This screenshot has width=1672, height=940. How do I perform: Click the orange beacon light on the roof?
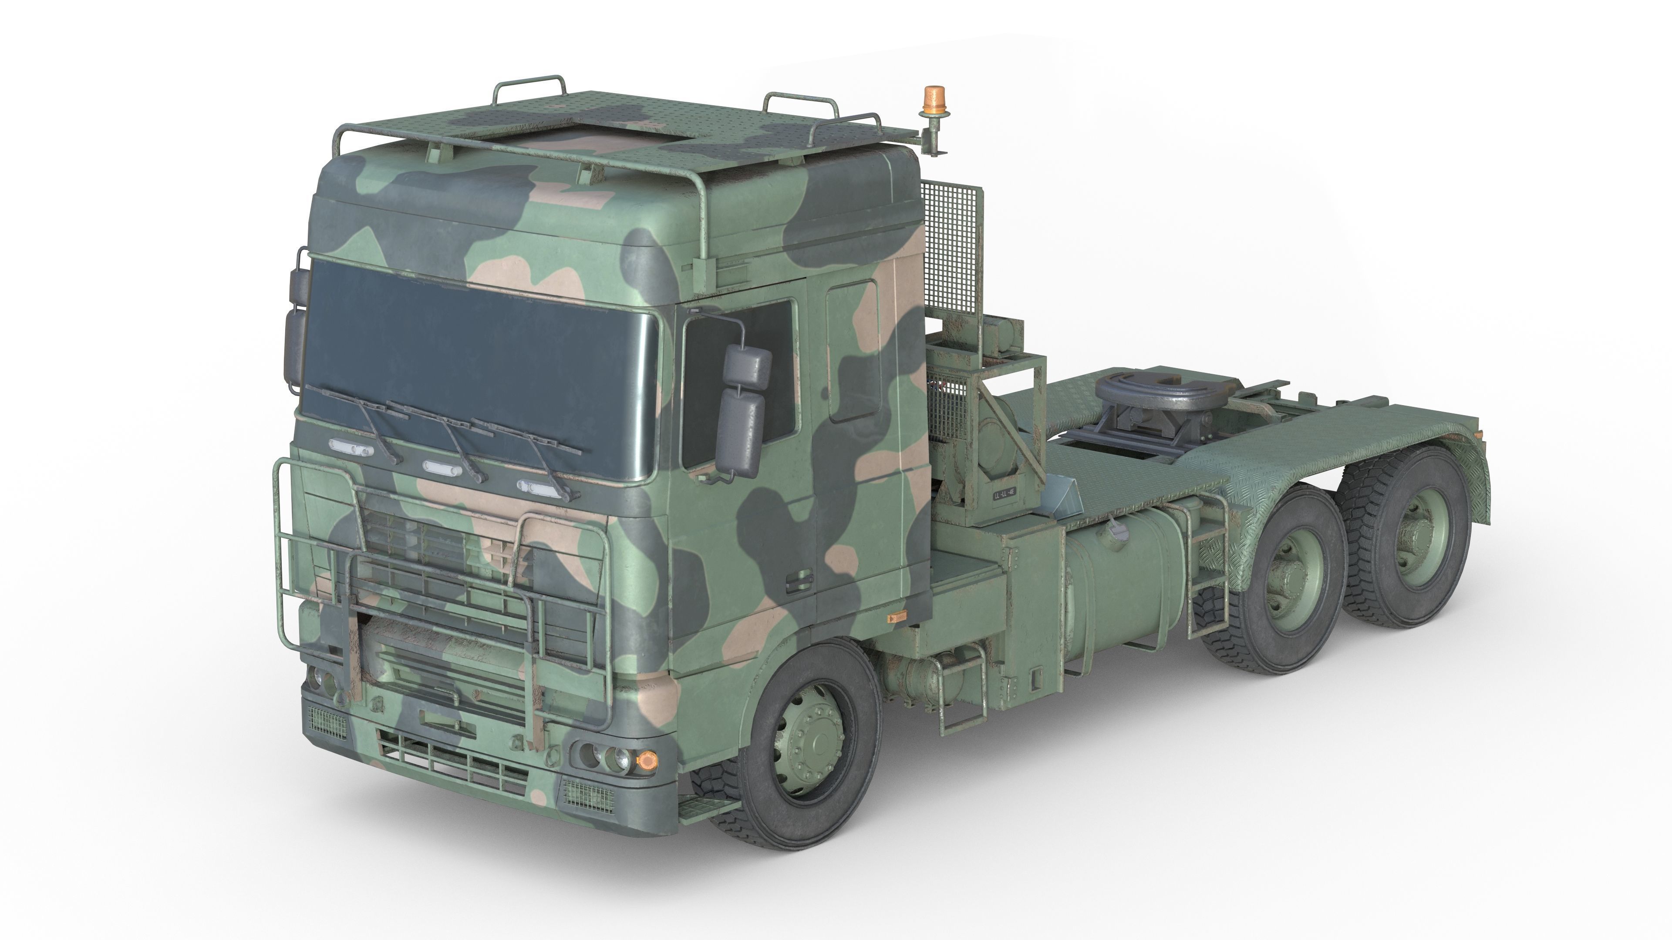coord(934,100)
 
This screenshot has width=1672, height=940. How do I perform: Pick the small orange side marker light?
coord(897,616)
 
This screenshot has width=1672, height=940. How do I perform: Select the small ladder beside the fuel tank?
coord(1207,571)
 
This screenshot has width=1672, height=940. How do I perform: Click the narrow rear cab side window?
coord(853,350)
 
